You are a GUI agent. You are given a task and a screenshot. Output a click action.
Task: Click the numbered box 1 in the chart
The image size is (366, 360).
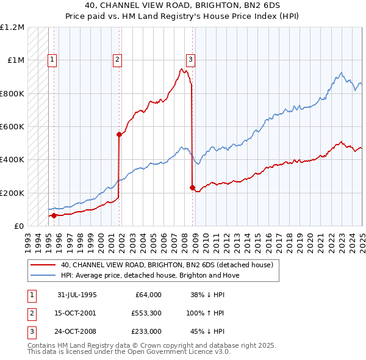[x=53, y=60]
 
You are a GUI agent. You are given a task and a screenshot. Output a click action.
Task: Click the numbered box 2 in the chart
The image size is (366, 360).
[x=117, y=60]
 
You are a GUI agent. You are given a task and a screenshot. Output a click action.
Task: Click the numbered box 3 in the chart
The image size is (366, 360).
[x=190, y=60]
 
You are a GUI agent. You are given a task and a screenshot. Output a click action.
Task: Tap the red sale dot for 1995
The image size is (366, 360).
[x=54, y=215]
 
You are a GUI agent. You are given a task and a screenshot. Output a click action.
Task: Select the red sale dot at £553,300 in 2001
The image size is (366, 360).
[x=119, y=135]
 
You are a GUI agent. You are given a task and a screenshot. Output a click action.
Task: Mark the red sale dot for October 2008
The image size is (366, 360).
[x=192, y=187]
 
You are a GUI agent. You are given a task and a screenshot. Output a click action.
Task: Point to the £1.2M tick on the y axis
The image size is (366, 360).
[x=12, y=27]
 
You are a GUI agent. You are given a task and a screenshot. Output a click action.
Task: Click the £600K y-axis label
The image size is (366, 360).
[x=12, y=127]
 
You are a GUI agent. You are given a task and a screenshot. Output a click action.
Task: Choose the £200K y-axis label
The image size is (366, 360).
[x=12, y=193]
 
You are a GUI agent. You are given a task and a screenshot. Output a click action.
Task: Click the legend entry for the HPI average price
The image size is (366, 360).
[x=150, y=275]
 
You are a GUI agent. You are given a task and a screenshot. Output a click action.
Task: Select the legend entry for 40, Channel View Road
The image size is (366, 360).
[x=170, y=265]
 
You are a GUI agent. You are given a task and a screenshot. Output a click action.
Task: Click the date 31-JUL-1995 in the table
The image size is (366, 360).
[x=77, y=295]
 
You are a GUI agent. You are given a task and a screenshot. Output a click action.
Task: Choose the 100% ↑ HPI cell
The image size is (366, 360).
[x=206, y=314]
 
